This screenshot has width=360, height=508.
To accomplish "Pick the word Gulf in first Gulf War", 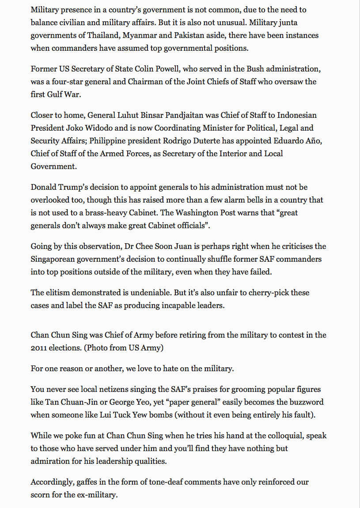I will (x=57, y=94).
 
